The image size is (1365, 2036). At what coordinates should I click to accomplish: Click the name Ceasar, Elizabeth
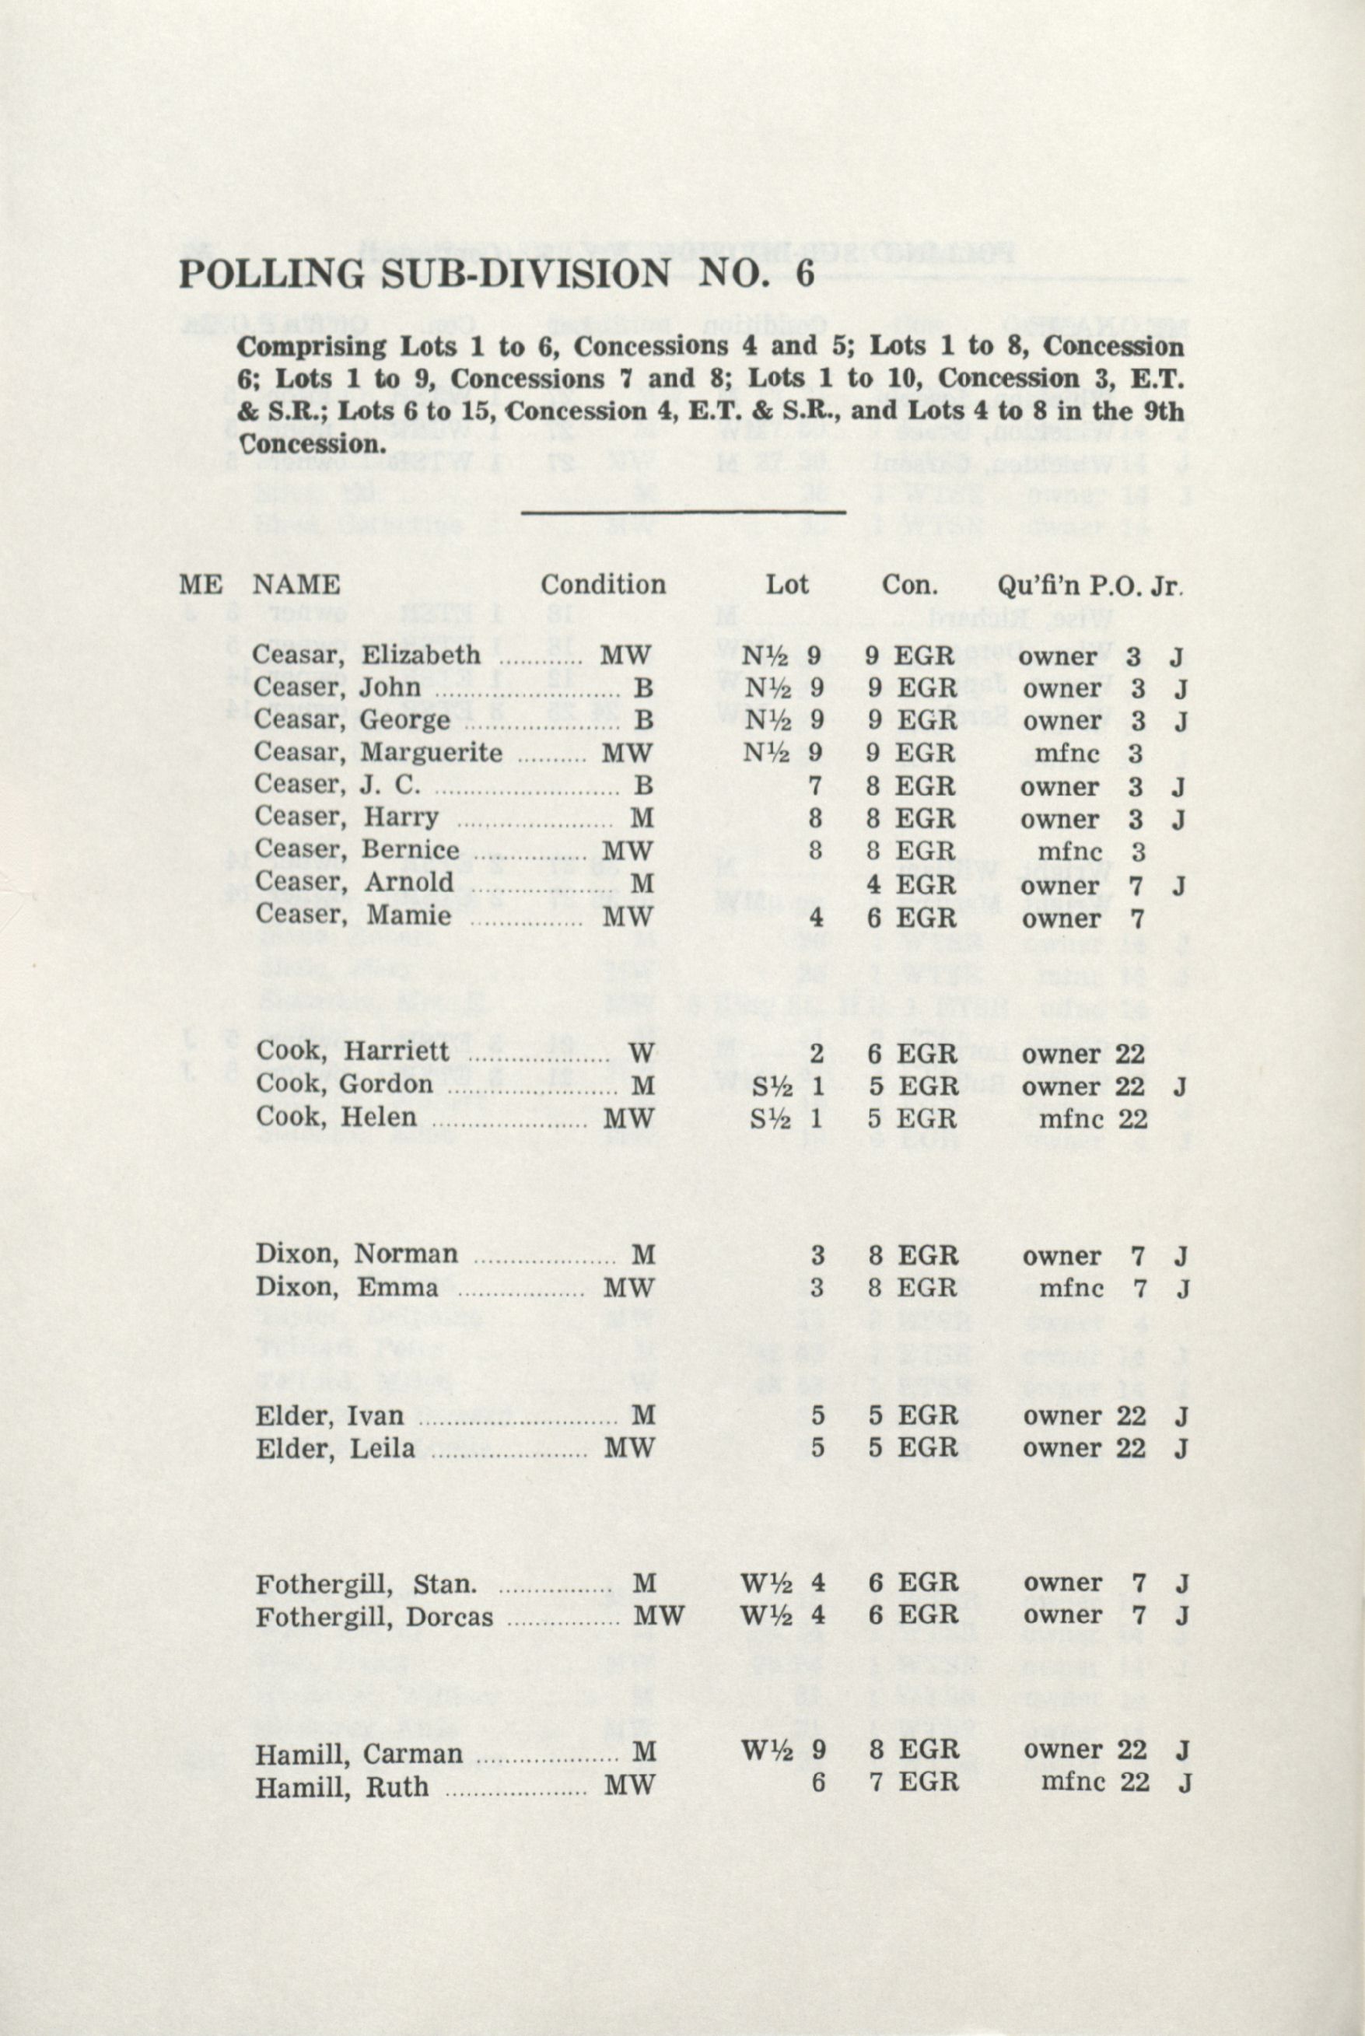coord(366,655)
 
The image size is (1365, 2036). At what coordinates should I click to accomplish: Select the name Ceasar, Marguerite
coord(378,752)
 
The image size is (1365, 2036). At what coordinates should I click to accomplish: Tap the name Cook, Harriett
coord(352,1051)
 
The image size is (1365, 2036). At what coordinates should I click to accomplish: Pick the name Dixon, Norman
coord(356,1254)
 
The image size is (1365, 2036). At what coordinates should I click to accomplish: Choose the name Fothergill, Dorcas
coord(374,1617)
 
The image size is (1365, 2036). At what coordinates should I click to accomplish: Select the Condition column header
coord(603,584)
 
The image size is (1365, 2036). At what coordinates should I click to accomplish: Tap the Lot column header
coord(786,584)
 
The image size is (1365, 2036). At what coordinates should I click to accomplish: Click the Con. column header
coord(909,584)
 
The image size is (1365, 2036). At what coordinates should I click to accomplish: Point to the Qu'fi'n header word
coord(1037,584)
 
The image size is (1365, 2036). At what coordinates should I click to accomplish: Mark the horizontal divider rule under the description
coord(683,511)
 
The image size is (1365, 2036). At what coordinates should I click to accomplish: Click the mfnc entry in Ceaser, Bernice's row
coord(1067,852)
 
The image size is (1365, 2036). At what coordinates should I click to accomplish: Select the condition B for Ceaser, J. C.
coord(643,786)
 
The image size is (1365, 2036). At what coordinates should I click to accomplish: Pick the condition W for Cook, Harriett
coord(642,1053)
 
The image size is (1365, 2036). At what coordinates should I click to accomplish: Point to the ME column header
coord(200,584)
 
